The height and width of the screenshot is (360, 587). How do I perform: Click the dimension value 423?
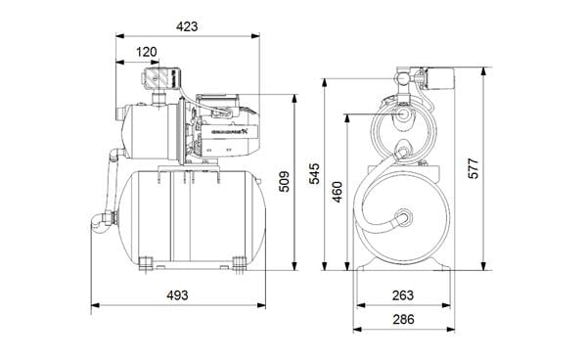[x=185, y=26]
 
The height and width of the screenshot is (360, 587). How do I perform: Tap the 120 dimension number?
[x=147, y=51]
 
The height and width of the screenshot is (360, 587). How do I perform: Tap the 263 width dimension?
[x=402, y=295]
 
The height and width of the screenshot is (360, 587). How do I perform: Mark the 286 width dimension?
[x=402, y=319]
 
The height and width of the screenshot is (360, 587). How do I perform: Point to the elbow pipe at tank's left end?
[x=98, y=220]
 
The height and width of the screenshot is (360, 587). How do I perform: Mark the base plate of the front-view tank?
[x=402, y=266]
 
